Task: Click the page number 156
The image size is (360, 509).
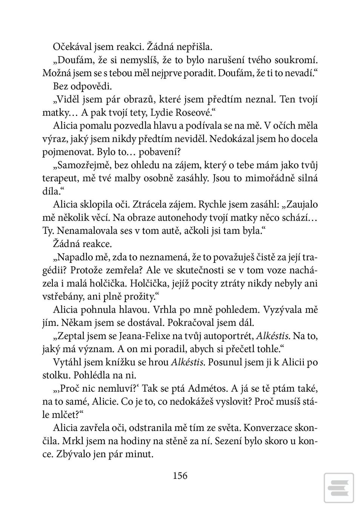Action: click(x=180, y=475)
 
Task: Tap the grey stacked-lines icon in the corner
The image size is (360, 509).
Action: click(x=338, y=488)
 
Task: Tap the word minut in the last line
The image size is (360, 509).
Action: click(x=140, y=454)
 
